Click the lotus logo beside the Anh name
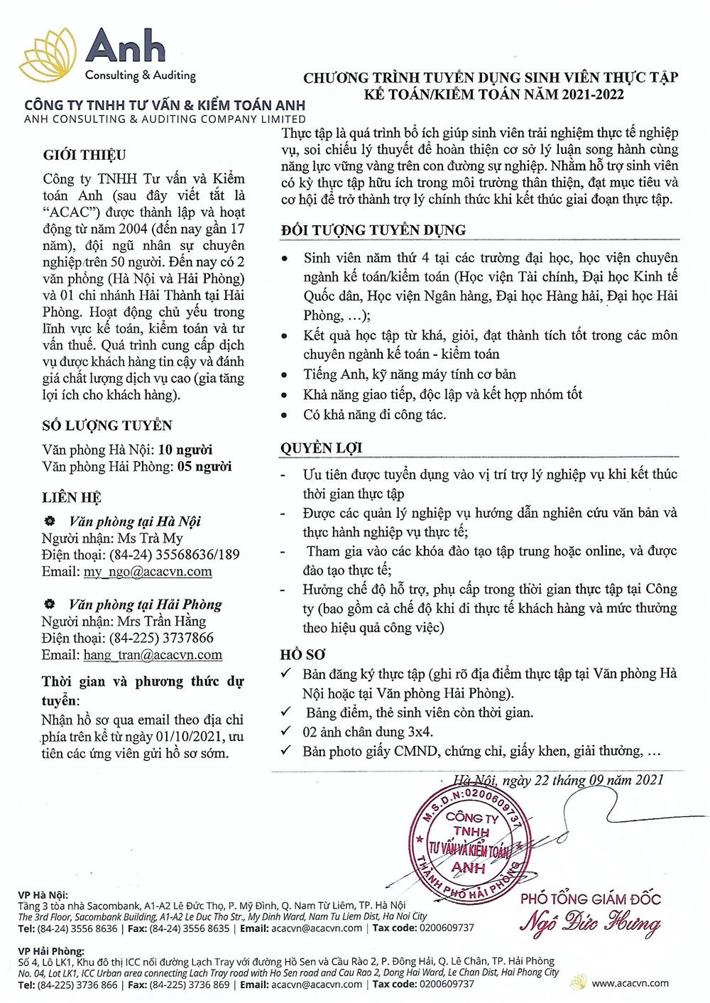(49, 53)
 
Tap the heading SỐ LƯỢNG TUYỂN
(106, 425)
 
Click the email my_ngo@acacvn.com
(148, 571)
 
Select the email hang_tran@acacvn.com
(153, 655)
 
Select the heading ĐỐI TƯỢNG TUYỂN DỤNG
(373, 230)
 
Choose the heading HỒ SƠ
(303, 654)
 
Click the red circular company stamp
(469, 842)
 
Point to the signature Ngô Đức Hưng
(591, 925)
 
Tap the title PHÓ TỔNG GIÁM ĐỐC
(590, 899)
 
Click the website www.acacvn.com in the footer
(630, 983)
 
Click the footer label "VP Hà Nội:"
(43, 894)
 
